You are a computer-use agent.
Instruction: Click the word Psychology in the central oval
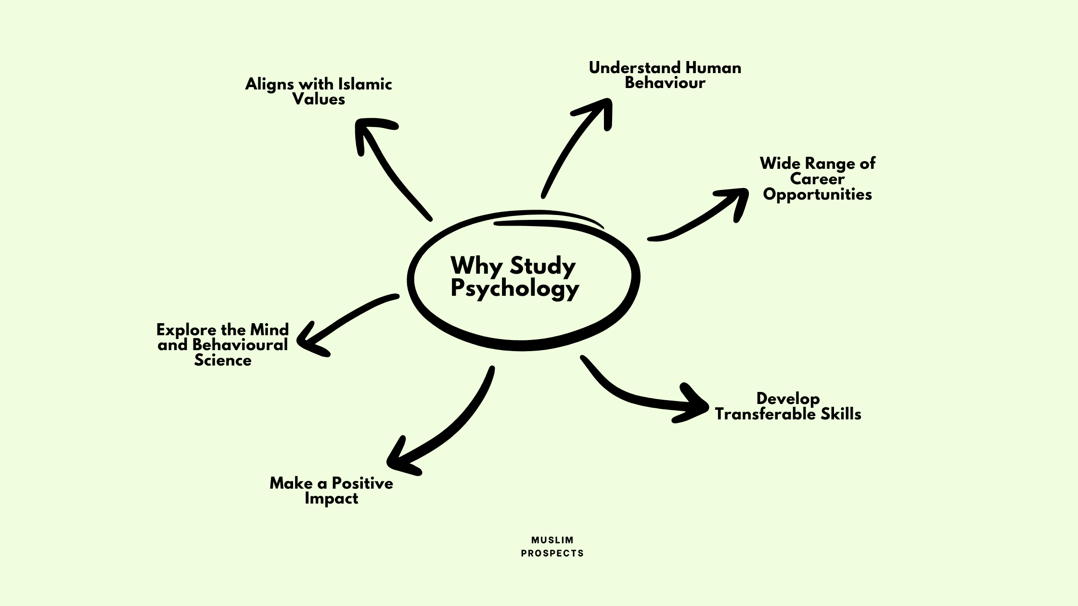coord(514,288)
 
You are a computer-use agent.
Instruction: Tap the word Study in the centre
coord(543,266)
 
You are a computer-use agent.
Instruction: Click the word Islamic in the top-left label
coord(365,84)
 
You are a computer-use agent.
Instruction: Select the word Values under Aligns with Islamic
coord(319,99)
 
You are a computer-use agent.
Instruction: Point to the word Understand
coord(634,68)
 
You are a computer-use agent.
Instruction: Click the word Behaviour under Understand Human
coord(665,83)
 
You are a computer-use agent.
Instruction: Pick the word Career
coord(817,179)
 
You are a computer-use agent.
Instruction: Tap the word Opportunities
coord(817,194)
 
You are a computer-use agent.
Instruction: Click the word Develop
coord(788,399)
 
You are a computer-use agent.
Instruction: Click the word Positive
coord(362,483)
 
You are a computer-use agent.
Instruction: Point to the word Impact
coord(331,498)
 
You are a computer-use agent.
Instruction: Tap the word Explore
coord(187,329)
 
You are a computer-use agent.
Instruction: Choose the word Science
coord(222,360)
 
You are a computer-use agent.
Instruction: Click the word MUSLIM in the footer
coord(552,540)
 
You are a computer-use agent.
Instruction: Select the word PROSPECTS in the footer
coord(552,554)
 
